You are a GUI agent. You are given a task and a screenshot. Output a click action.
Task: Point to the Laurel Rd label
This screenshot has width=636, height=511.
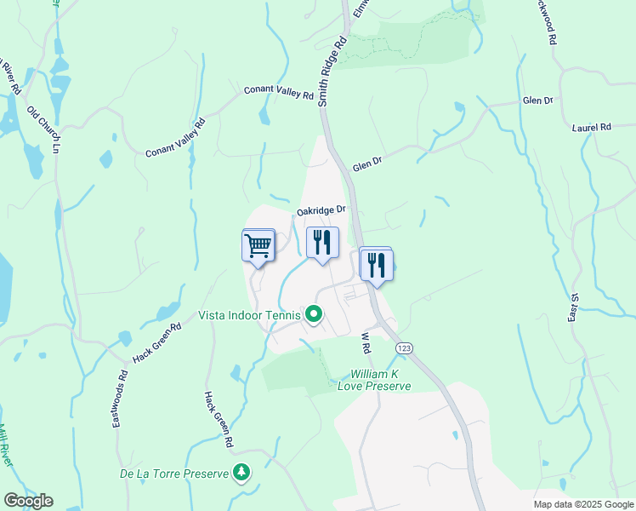592,127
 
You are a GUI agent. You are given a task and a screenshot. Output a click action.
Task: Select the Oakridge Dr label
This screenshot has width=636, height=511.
321,210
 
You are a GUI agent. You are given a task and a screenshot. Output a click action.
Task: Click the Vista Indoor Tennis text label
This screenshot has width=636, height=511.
250,315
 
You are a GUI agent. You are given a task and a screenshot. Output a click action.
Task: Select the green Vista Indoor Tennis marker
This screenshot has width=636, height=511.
314,316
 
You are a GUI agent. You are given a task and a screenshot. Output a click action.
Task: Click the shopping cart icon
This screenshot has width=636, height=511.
258,245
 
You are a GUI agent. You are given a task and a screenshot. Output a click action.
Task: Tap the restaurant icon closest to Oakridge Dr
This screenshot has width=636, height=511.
322,243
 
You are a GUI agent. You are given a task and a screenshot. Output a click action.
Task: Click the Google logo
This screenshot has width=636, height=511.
28,501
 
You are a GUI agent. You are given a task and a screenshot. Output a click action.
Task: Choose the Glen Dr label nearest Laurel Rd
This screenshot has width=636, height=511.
538,100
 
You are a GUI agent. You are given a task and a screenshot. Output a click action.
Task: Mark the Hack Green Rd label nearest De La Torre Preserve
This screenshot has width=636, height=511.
218,420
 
